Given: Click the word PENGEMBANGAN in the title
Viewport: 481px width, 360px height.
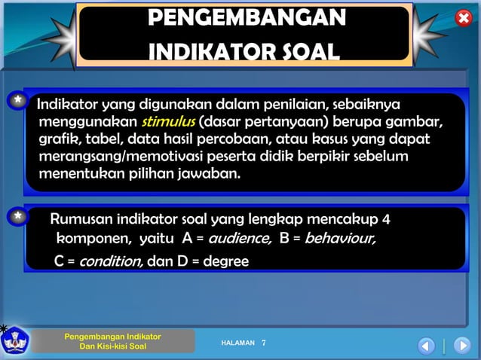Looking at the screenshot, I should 247,18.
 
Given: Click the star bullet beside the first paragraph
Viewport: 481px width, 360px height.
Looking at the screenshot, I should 17,102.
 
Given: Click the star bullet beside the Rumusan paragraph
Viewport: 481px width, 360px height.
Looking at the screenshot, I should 17,218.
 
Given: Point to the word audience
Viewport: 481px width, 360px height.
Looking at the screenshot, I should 239,239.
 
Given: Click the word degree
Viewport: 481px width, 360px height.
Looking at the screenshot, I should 225,261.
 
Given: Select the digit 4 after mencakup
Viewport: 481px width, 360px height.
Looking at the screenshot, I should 386,220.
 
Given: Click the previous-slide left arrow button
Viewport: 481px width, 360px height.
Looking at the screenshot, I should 426,346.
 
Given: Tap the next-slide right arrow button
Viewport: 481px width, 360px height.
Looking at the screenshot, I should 462,346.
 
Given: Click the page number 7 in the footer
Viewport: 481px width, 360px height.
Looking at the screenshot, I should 264,343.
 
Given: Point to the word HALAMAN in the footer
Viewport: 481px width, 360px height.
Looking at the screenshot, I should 237,343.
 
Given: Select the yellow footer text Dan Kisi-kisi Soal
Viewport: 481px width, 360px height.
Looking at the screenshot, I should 113,346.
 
